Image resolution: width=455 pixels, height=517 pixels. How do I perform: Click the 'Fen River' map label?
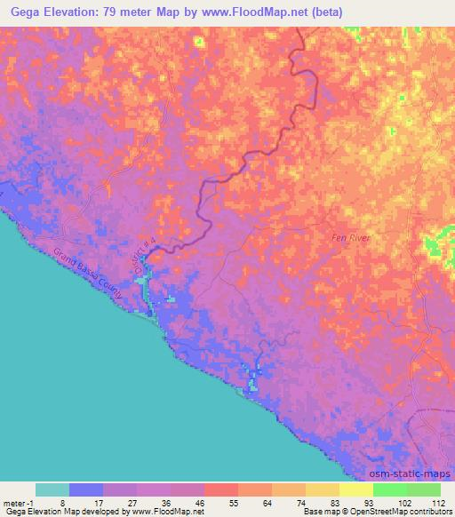tap(347, 237)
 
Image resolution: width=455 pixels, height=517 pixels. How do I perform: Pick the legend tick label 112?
tap(437, 503)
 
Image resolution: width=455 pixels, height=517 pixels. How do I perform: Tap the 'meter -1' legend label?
tap(18, 503)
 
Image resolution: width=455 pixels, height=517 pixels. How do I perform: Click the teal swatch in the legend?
tap(52, 489)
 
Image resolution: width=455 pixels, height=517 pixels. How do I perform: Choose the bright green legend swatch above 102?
tap(390, 489)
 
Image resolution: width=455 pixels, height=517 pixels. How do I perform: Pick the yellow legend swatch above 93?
tap(356, 489)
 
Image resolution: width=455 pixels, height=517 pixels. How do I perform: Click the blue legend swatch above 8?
tap(86, 489)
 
